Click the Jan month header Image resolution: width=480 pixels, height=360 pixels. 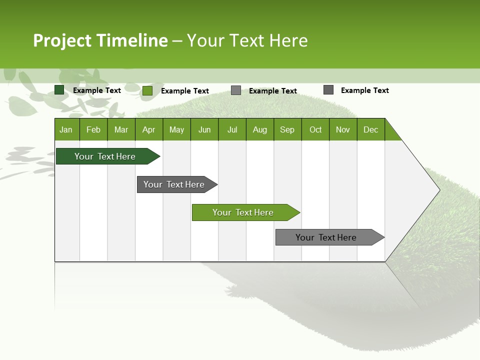tap(66, 129)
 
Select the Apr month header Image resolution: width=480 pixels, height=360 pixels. tap(148, 129)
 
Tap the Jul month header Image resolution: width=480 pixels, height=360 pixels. tap(232, 129)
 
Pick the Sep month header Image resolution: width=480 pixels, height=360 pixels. tap(287, 129)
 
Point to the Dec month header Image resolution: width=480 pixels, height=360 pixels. tap(370, 129)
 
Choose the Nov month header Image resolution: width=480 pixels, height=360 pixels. tap(342, 129)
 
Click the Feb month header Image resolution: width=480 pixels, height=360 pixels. tap(93, 129)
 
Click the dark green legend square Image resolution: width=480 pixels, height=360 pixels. tap(59, 90)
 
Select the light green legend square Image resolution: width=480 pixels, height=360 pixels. tap(147, 90)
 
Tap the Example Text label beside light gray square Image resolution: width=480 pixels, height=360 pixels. tap(272, 91)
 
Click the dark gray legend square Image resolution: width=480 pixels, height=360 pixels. tap(328, 90)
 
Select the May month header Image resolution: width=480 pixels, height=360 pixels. tap(176, 129)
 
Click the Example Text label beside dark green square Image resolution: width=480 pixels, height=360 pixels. tap(96, 90)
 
